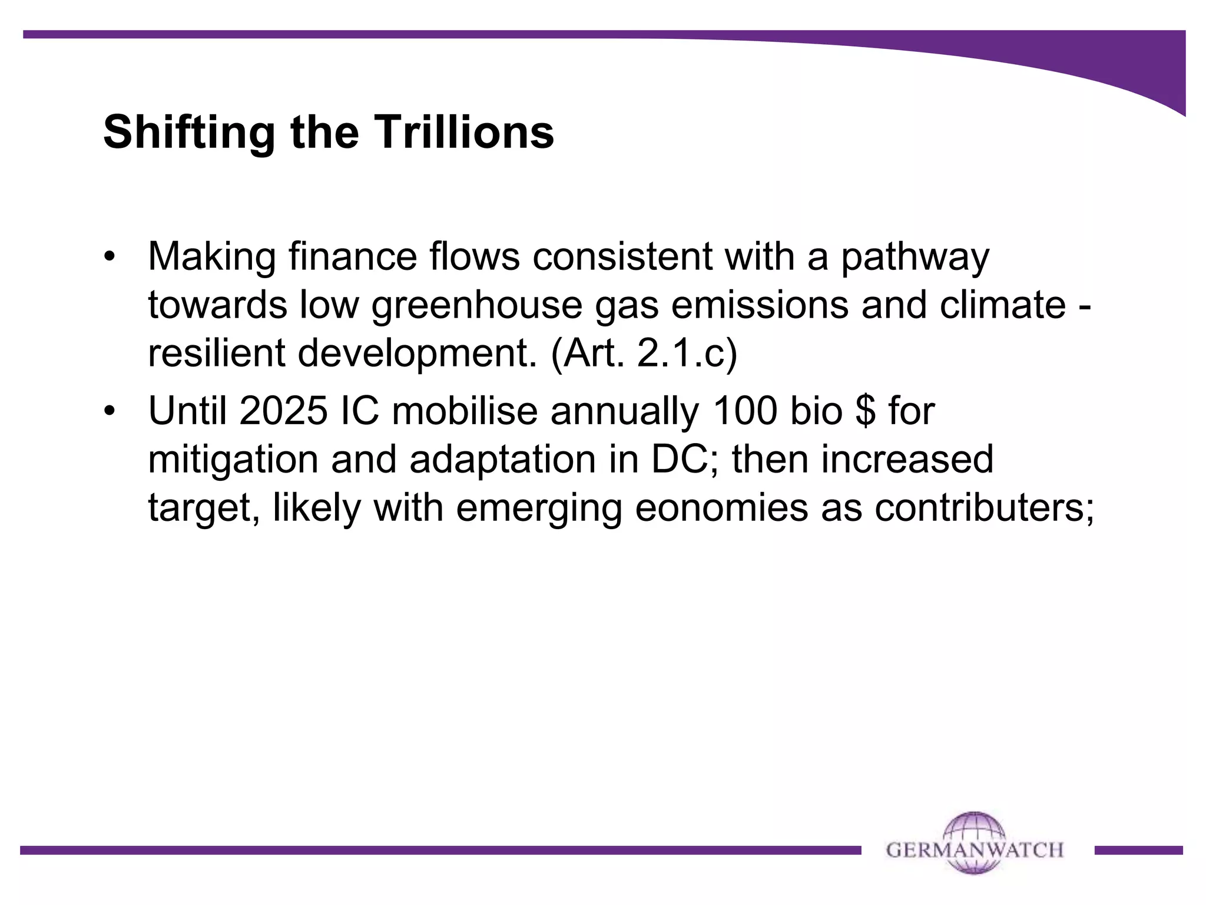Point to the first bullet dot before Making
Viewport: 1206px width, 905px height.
pyautogui.click(x=110, y=257)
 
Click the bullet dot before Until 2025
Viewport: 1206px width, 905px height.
pyautogui.click(x=110, y=411)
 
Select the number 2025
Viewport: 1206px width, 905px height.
pyautogui.click(x=283, y=411)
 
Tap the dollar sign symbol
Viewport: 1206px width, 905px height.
pyautogui.click(x=865, y=411)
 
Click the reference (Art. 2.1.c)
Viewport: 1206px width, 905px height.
pyautogui.click(x=644, y=354)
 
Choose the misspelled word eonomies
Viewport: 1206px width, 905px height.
pyautogui.click(x=721, y=507)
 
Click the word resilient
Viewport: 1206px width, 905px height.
pyautogui.click(x=216, y=354)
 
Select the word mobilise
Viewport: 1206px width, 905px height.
pyautogui.click(x=465, y=411)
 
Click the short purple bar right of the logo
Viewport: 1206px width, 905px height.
pyautogui.click(x=1138, y=850)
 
